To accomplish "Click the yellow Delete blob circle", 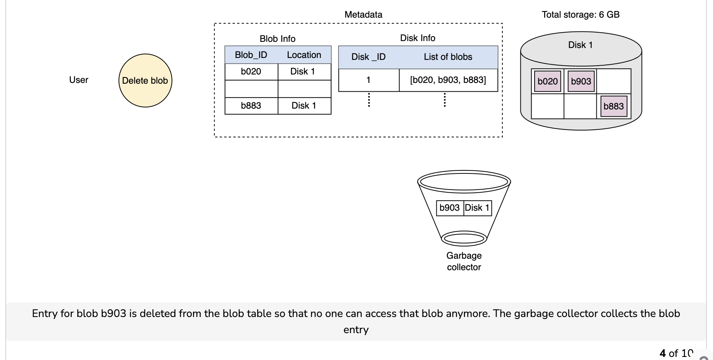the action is (x=145, y=81).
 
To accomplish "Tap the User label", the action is (x=79, y=80).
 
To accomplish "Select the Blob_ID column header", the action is (x=251, y=55).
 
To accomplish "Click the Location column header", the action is (x=304, y=55).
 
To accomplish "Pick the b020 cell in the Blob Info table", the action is (x=251, y=71).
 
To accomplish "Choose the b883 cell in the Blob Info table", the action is (x=251, y=106).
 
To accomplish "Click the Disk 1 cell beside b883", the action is (x=304, y=106).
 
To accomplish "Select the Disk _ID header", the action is (x=368, y=57).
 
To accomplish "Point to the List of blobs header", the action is (x=448, y=57).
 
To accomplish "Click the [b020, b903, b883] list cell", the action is (x=448, y=80).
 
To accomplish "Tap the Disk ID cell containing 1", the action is (x=369, y=80).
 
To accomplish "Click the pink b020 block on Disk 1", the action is (x=547, y=81).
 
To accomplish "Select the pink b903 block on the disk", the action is (x=581, y=81).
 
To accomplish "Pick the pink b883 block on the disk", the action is (x=614, y=106).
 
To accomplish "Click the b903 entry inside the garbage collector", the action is (x=450, y=208).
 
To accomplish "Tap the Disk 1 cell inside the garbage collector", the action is (x=477, y=208).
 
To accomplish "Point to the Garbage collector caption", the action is (x=464, y=261).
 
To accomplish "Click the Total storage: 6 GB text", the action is (x=581, y=15).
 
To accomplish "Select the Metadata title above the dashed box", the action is (x=363, y=15).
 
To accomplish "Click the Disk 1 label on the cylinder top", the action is (x=580, y=45).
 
